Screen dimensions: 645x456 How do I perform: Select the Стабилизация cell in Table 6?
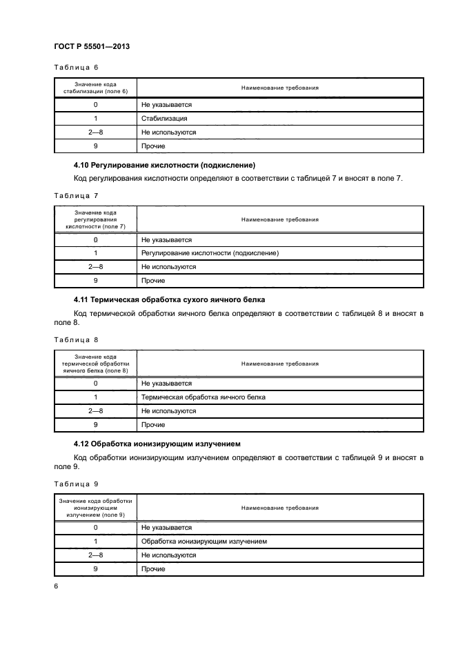(164, 118)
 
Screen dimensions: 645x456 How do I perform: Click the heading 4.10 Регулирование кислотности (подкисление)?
(164, 166)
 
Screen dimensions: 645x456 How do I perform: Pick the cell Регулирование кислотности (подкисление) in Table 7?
(210, 253)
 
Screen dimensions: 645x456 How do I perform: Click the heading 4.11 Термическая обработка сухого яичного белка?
(169, 300)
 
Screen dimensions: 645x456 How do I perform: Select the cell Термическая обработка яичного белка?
(203, 397)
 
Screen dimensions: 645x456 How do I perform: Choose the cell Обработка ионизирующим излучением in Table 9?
(204, 542)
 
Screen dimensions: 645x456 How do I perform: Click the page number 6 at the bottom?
(56, 586)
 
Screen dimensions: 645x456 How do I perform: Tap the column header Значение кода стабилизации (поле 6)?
(95, 88)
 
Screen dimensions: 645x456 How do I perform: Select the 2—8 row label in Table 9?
(95, 555)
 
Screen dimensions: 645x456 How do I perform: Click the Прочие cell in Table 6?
(153, 146)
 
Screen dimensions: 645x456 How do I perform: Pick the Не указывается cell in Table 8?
(166, 384)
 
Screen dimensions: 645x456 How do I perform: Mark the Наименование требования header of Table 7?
(279, 219)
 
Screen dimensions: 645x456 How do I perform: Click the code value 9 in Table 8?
(95, 425)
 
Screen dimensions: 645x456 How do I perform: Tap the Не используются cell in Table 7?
(168, 267)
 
